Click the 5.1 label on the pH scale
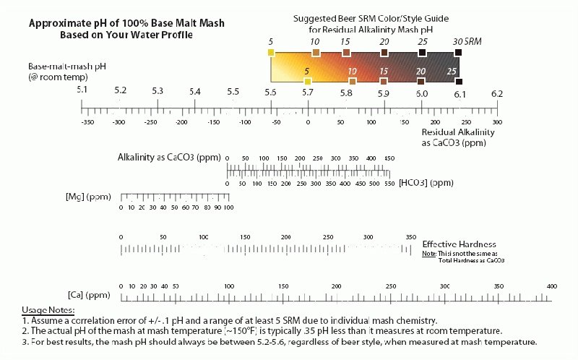[82, 92]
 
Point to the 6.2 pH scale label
[497, 93]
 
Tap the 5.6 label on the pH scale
[271, 92]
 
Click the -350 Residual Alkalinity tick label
[87, 123]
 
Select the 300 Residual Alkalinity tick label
[497, 123]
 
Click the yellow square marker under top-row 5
[271, 53]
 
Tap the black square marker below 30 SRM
[459, 53]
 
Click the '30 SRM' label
[467, 42]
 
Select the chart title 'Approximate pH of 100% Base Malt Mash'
[126, 23]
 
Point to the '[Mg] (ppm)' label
[86, 197]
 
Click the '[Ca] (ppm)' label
[85, 295]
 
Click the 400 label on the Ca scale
[552, 287]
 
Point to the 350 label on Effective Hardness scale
[411, 237]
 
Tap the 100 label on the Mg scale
[228, 207]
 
